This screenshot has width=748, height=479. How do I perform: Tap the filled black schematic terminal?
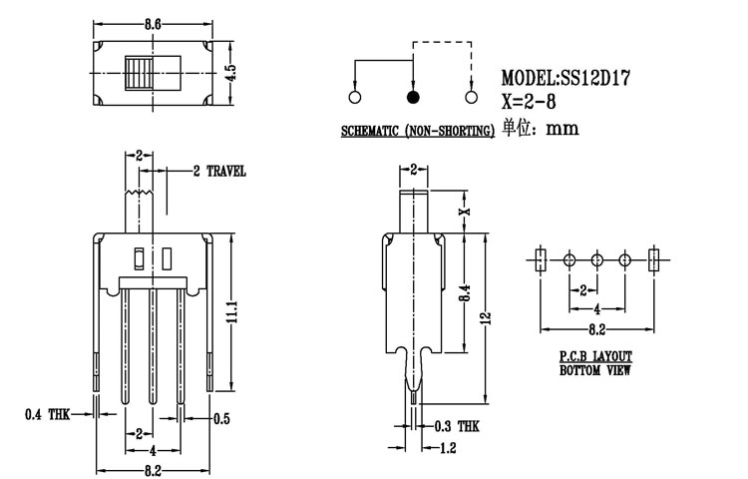(412, 98)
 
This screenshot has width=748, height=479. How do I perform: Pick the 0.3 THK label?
(455, 425)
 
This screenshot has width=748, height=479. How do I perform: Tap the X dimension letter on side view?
(463, 212)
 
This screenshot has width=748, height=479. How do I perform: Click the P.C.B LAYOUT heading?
(593, 356)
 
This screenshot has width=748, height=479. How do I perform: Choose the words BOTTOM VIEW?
(593, 370)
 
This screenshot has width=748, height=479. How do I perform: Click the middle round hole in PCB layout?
(596, 260)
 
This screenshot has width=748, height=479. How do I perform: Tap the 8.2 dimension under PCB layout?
(596, 327)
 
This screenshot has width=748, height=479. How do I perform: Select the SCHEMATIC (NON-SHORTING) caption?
(418, 131)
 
